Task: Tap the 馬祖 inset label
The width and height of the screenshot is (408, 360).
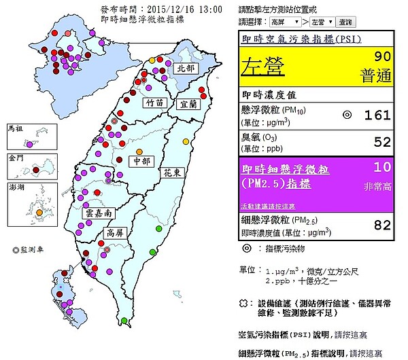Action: (14, 127)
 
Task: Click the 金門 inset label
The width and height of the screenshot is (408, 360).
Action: (14, 157)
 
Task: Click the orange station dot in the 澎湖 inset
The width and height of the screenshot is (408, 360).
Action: (39, 213)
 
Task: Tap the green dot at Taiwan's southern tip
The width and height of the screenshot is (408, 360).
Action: (124, 321)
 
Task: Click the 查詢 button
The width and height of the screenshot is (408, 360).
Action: (345, 22)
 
